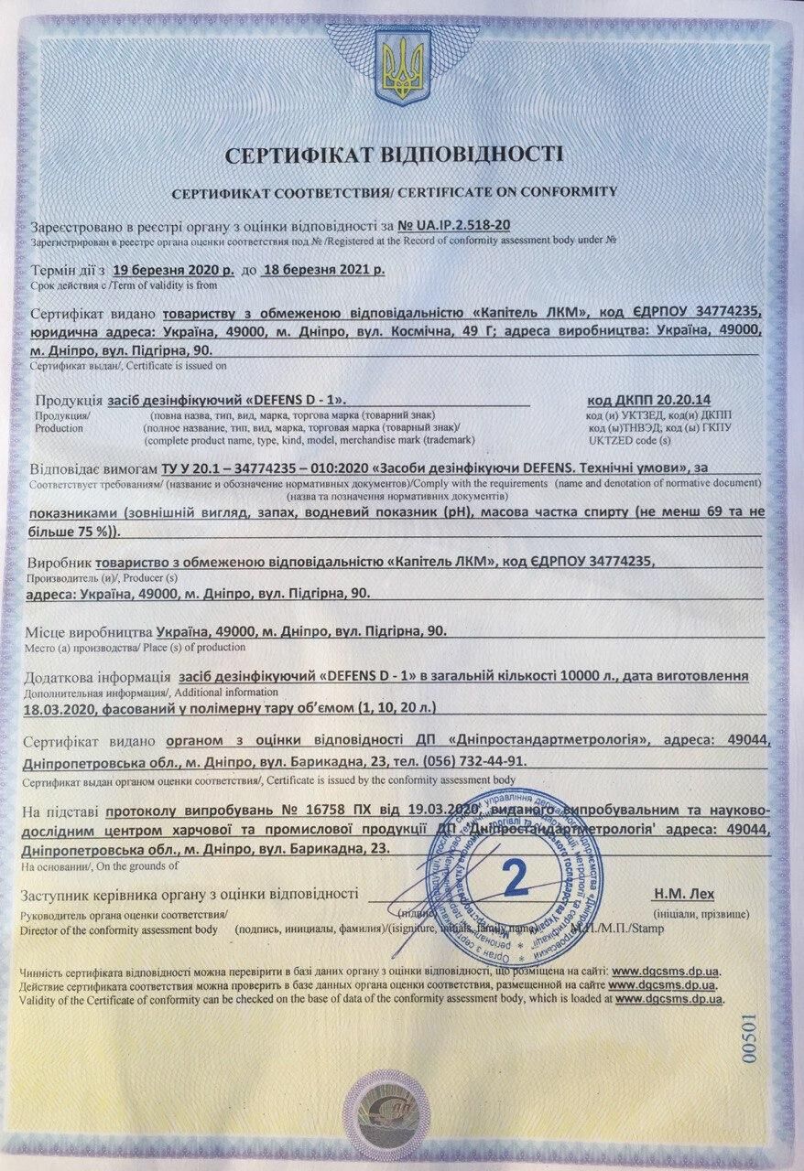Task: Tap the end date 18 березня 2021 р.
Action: pyautogui.click(x=323, y=271)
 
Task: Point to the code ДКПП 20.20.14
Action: pyautogui.click(x=653, y=400)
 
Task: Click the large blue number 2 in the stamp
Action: pyautogui.click(x=516, y=876)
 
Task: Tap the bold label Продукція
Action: pyautogui.click(x=67, y=400)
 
